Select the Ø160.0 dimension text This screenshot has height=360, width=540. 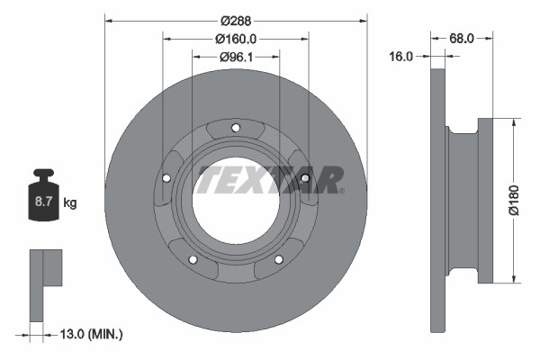coord(236,38)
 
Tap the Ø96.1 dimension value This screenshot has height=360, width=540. coord(236,57)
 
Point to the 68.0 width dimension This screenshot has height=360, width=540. coord(462,38)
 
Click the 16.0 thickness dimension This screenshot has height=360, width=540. coord(401,56)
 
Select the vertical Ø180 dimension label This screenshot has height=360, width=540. coord(513,199)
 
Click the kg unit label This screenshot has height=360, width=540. coord(70,203)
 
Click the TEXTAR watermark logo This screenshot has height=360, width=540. coord(270,178)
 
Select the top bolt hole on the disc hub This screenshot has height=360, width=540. coord(236,127)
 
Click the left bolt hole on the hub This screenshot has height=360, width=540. coord(166,177)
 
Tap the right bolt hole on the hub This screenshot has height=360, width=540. coord(305,177)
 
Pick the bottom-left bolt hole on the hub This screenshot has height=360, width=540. coord(193,259)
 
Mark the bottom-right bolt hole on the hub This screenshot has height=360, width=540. coord(278,259)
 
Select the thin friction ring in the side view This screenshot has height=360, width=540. coord(438,199)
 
